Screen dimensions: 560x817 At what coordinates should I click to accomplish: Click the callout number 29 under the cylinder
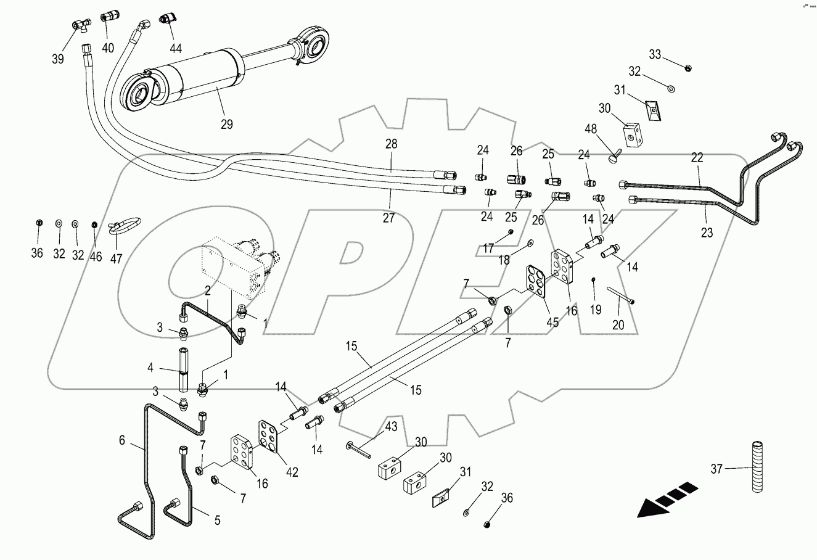227,124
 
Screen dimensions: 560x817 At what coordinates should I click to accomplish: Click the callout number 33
654,55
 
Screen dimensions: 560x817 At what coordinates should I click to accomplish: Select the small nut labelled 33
687,67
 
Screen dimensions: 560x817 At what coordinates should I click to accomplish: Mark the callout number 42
291,472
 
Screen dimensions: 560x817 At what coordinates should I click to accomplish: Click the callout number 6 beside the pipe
121,440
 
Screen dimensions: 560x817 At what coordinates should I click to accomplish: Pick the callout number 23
707,233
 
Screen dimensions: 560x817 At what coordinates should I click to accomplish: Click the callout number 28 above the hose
391,144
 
